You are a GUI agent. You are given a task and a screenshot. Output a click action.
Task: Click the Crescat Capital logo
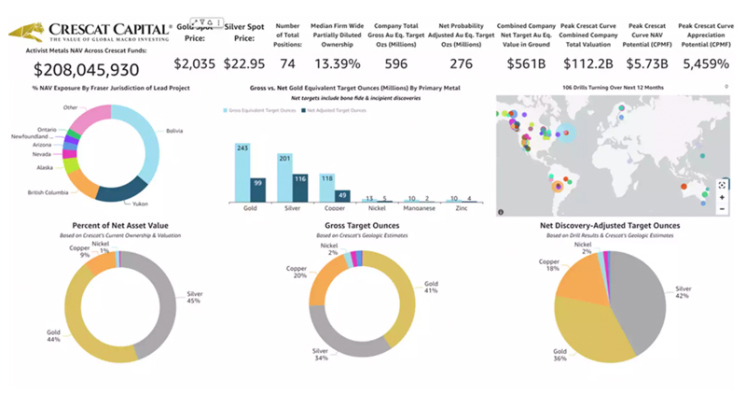[90, 34]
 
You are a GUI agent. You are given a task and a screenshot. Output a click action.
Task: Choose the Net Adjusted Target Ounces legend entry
[333, 110]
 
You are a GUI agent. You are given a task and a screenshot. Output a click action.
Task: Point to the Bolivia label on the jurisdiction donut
[174, 131]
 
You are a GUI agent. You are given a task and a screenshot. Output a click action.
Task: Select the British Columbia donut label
[48, 191]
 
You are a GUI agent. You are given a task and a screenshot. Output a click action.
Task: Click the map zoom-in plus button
[721, 198]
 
